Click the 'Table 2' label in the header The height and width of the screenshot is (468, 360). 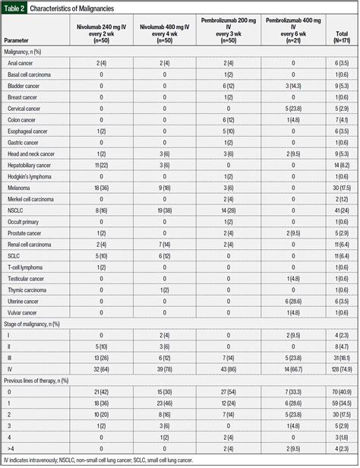click(x=14, y=8)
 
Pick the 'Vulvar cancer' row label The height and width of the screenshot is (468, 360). click(x=24, y=312)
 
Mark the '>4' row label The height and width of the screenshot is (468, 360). click(x=11, y=448)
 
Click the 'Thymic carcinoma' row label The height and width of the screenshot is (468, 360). click(x=27, y=289)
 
